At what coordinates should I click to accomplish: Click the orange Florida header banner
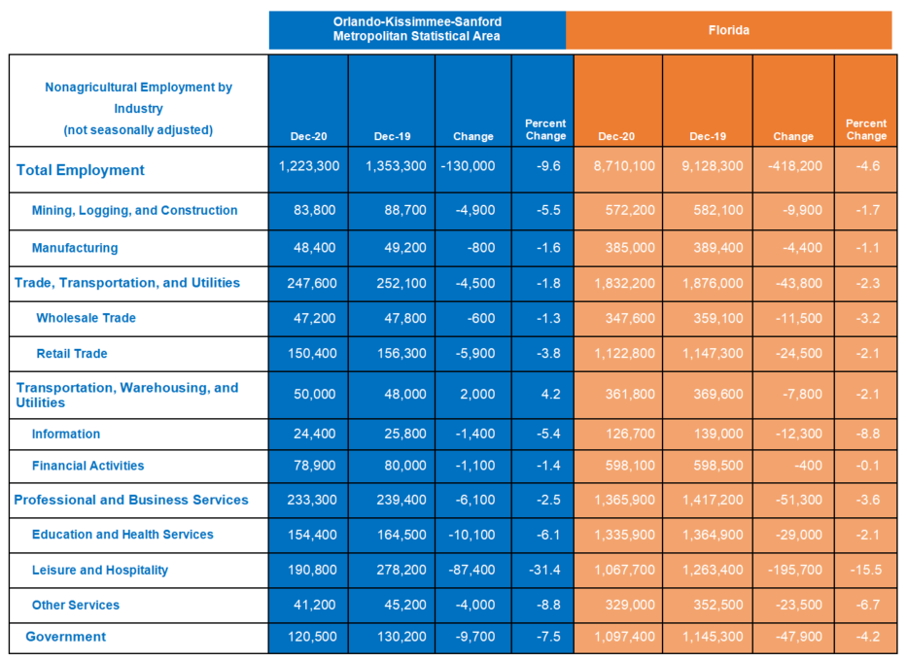point(729,30)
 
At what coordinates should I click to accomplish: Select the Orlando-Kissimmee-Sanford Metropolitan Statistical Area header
point(417,29)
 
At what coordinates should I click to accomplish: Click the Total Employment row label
point(81,170)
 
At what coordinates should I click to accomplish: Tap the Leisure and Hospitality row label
point(100,571)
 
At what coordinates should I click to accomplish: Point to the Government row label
point(66,637)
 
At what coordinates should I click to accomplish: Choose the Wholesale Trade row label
point(87,318)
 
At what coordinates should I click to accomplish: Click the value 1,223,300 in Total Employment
point(309,166)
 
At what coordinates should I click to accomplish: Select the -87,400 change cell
point(472,570)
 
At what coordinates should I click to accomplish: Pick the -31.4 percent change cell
point(544,570)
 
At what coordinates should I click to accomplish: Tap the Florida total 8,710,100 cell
point(624,166)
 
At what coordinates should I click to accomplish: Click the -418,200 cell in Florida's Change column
point(795,166)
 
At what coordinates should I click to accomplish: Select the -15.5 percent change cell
point(866,570)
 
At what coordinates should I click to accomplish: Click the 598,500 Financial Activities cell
point(718,466)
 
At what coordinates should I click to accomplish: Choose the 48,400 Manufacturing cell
point(315,248)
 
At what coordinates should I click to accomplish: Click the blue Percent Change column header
point(545,129)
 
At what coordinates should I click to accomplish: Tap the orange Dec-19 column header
point(708,136)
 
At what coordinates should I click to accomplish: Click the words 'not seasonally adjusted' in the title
point(138,130)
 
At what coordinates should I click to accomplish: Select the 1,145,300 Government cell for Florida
point(713,637)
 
